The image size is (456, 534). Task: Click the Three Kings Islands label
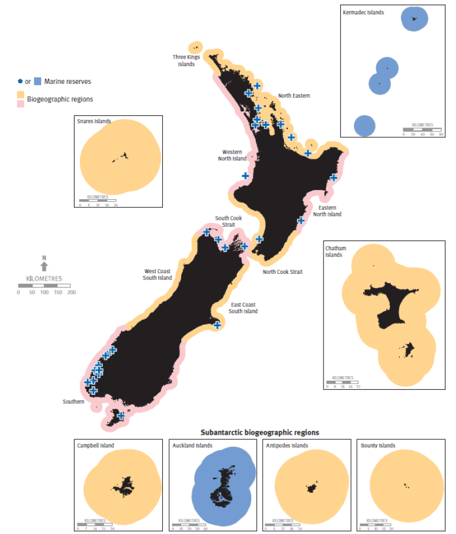(184, 60)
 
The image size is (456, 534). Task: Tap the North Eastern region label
(294, 95)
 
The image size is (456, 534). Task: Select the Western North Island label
(232, 156)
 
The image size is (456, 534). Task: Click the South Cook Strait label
(229, 221)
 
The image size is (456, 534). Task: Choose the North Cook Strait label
(282, 272)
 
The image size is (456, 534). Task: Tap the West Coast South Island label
(157, 274)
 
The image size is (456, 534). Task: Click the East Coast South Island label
(243, 308)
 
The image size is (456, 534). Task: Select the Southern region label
(73, 401)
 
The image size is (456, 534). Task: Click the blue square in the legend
(38, 82)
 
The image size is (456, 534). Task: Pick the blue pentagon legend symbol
(21, 82)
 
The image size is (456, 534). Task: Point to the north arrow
(44, 265)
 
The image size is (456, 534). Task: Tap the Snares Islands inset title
(93, 121)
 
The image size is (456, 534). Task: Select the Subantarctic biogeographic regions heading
(259, 432)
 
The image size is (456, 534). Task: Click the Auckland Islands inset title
(192, 446)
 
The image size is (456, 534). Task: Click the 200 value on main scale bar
(72, 292)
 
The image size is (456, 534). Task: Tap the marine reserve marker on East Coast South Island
(217, 325)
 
